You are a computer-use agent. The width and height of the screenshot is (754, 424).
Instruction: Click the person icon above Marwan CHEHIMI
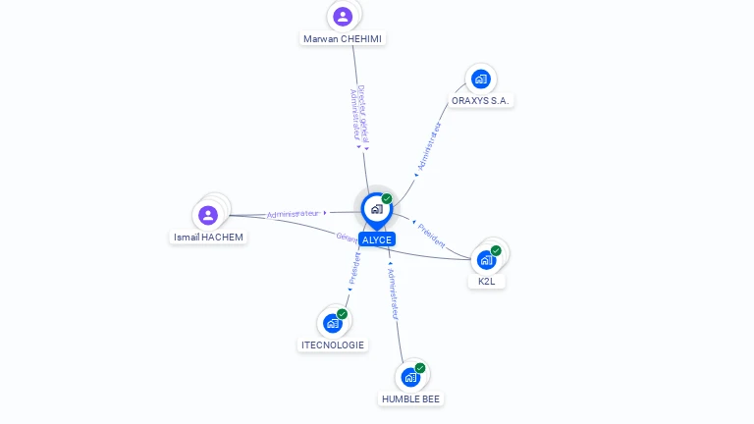(343, 16)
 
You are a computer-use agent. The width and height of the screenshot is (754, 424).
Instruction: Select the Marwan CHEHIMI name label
(344, 38)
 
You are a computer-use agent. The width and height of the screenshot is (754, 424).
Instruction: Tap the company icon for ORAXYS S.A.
(480, 79)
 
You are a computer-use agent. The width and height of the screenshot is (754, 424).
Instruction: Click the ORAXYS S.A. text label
(481, 100)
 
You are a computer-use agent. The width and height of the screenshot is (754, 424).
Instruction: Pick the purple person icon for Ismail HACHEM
(208, 215)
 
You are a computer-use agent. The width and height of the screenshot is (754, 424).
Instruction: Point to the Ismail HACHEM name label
(208, 237)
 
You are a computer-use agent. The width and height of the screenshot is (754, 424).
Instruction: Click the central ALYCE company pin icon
(376, 209)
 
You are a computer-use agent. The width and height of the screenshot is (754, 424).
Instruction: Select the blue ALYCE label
(377, 239)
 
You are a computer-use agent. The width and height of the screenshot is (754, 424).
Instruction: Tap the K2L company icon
(486, 260)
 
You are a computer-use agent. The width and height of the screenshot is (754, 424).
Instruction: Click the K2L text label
(486, 281)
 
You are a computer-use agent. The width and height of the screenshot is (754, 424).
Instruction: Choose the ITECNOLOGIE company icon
(333, 323)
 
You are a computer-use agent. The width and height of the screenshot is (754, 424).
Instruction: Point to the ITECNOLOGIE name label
(334, 344)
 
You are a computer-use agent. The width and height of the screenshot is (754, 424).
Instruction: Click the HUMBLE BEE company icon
(410, 377)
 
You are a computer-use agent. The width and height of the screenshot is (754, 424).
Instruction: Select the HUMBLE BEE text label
(411, 398)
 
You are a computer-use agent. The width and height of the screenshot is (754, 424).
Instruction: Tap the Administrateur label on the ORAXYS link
(429, 147)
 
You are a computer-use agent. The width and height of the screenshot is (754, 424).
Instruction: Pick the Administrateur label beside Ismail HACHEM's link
(293, 213)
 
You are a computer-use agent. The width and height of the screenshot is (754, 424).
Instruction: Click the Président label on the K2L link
(431, 235)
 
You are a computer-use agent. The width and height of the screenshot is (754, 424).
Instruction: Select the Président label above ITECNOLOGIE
(354, 268)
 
